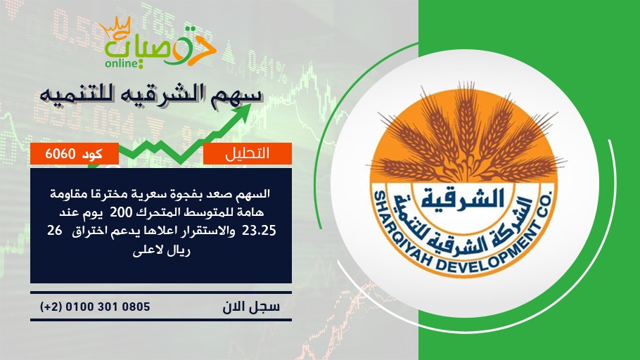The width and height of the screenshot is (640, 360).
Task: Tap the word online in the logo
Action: click(121, 63)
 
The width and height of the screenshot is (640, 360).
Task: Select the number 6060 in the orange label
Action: click(60, 154)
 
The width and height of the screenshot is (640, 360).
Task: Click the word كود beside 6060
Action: click(92, 154)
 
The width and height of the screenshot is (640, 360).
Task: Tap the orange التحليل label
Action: click(248, 153)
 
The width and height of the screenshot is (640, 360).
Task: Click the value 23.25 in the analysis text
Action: click(259, 231)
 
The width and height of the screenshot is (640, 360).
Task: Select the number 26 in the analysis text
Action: click(54, 231)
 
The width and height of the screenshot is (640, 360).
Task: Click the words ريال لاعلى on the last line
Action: click(161, 250)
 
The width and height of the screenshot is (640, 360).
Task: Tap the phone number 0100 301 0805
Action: click(108, 307)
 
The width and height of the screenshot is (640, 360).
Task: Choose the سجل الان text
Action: click(251, 307)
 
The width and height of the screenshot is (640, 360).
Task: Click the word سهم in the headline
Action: click(240, 94)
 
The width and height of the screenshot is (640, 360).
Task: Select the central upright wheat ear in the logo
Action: click(466, 118)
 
